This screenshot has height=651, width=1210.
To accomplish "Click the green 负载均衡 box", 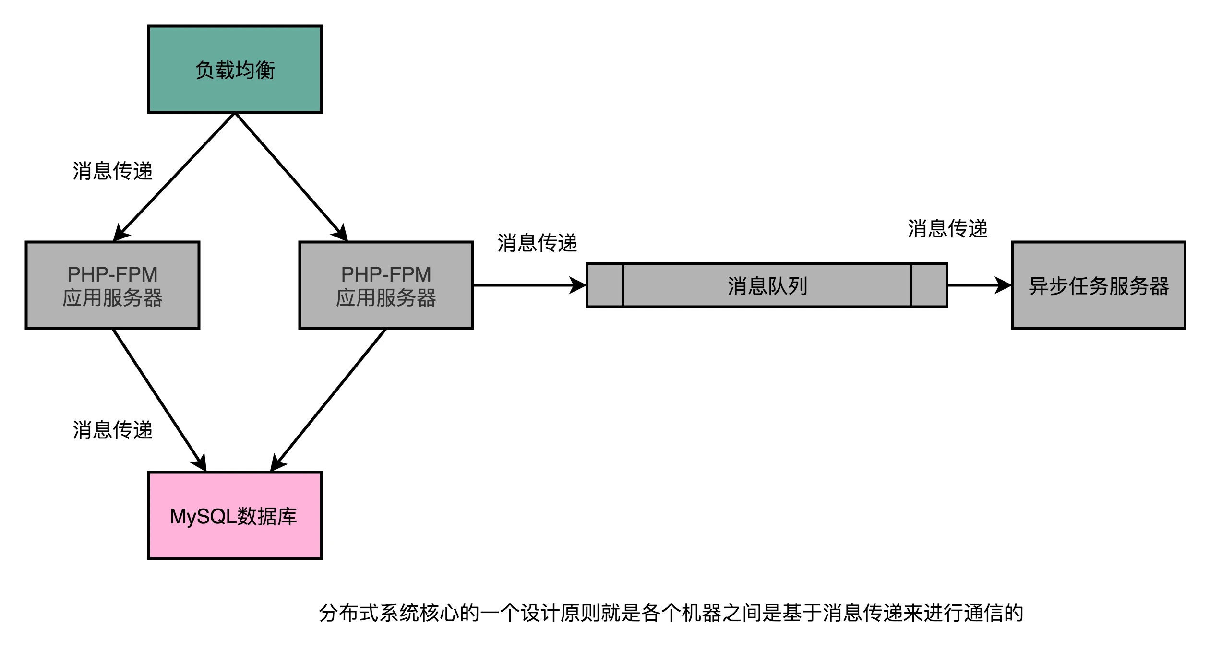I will pyautogui.click(x=235, y=70).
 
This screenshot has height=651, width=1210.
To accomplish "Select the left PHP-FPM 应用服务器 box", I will pyautogui.click(x=112, y=285).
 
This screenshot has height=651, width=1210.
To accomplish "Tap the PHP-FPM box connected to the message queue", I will pyautogui.click(x=386, y=285).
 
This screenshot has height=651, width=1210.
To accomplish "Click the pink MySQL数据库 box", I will pyautogui.click(x=235, y=516).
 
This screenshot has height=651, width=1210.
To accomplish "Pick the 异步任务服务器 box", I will pyautogui.click(x=1098, y=285).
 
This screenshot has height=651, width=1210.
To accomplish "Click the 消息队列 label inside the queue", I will pyautogui.click(x=767, y=286).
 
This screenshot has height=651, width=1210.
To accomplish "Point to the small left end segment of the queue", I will pyautogui.click(x=605, y=285).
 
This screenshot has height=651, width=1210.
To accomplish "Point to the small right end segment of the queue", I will pyautogui.click(x=929, y=285).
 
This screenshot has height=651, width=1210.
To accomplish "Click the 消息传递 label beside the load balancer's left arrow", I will pyautogui.click(x=112, y=171).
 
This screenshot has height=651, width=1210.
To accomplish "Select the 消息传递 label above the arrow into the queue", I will pyautogui.click(x=537, y=243).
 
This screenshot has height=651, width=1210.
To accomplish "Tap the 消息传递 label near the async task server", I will pyautogui.click(x=947, y=228).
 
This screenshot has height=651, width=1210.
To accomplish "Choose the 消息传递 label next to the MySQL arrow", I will pyautogui.click(x=112, y=430).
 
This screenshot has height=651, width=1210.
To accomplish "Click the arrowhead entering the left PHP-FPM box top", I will pyautogui.click(x=120, y=233).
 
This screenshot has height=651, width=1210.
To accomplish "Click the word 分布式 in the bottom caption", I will pyautogui.click(x=348, y=613).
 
